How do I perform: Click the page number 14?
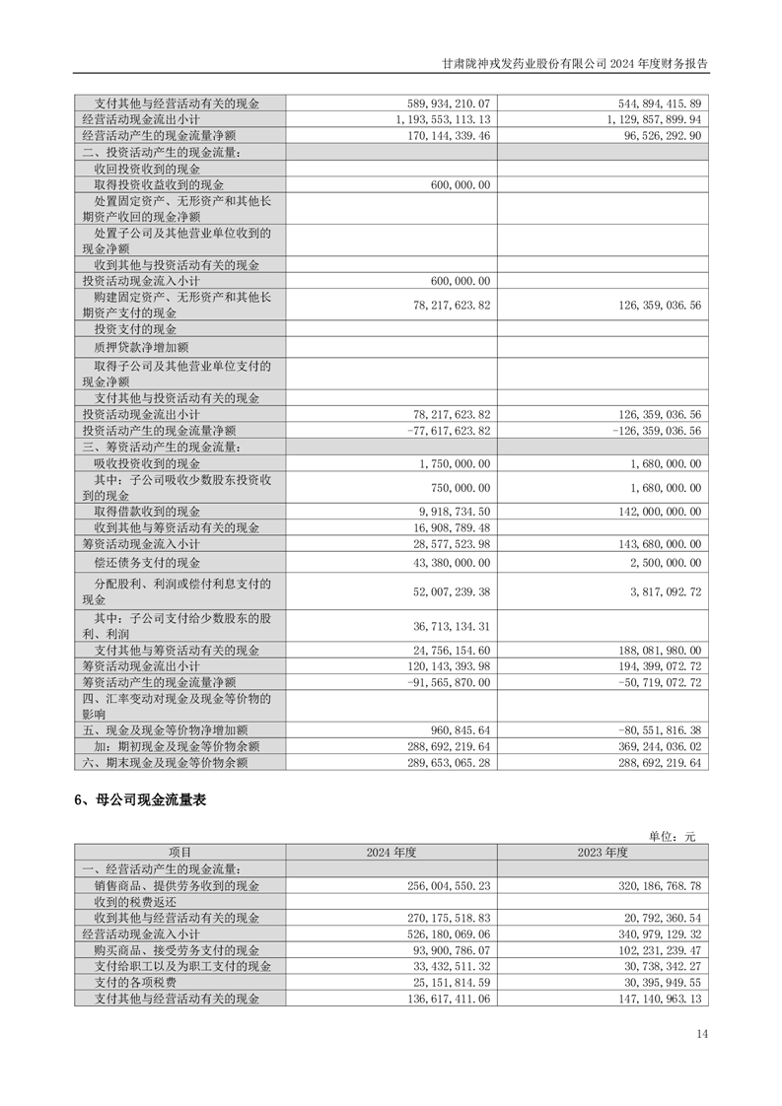[701, 1033]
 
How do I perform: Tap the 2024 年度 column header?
[391, 852]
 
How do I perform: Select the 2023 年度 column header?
[603, 852]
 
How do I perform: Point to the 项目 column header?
[180, 852]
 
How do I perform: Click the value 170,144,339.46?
[449, 135]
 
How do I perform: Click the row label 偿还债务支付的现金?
[147, 562]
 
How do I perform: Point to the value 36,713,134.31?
[449, 626]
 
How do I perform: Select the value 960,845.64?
[456, 730]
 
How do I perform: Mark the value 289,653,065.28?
[449, 762]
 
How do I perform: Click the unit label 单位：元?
[673, 836]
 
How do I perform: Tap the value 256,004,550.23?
[449, 885]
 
